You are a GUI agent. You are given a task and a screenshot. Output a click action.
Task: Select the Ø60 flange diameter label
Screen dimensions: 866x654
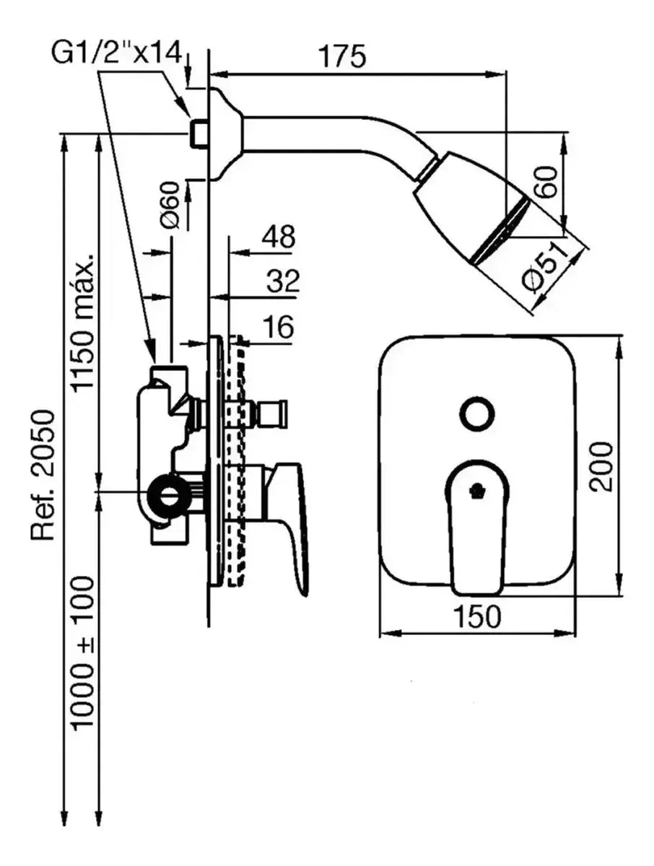(170, 206)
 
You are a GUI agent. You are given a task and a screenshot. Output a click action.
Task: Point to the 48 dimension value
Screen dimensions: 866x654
(278, 237)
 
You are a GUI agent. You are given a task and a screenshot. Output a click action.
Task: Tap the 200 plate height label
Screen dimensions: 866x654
(601, 466)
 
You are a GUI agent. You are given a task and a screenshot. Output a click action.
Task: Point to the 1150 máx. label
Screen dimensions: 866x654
(84, 322)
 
